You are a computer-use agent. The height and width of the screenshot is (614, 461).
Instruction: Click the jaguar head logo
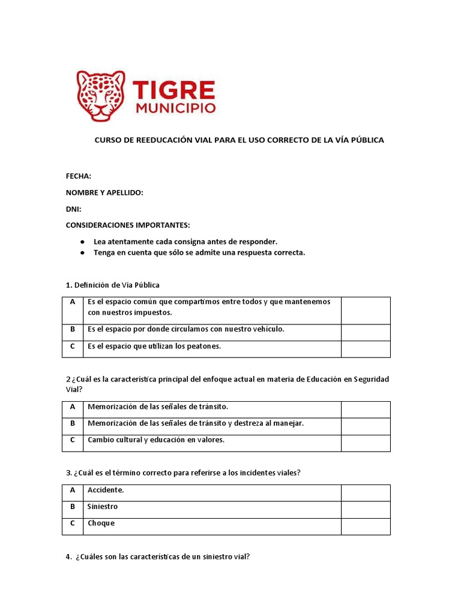(101, 95)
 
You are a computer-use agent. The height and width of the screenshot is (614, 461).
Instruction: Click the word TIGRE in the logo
(173, 90)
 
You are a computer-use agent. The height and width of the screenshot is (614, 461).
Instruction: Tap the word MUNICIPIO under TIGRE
(175, 109)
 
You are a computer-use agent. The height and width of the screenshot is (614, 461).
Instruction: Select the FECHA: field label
(79, 176)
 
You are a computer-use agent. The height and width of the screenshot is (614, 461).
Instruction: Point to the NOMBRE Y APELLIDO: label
(104, 192)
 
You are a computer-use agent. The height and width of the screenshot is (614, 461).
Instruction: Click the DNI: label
(73, 209)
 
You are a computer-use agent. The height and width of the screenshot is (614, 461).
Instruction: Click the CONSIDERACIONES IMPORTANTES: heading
(128, 225)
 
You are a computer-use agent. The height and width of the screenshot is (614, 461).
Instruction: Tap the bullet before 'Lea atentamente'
(82, 242)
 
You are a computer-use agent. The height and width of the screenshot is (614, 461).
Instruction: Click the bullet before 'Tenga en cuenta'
(82, 253)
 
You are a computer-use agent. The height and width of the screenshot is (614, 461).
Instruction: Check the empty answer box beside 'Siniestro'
(366, 510)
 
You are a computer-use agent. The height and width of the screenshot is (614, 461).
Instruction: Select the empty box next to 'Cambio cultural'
(366, 443)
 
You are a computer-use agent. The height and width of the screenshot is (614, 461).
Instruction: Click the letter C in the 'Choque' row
(73, 523)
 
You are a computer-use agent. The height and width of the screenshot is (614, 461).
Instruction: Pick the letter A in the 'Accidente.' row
(73, 490)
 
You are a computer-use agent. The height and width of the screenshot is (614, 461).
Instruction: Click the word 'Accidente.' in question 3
(106, 490)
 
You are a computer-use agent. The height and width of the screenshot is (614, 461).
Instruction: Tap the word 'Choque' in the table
(101, 523)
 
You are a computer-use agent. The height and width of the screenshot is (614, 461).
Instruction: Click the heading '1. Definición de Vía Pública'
(113, 285)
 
